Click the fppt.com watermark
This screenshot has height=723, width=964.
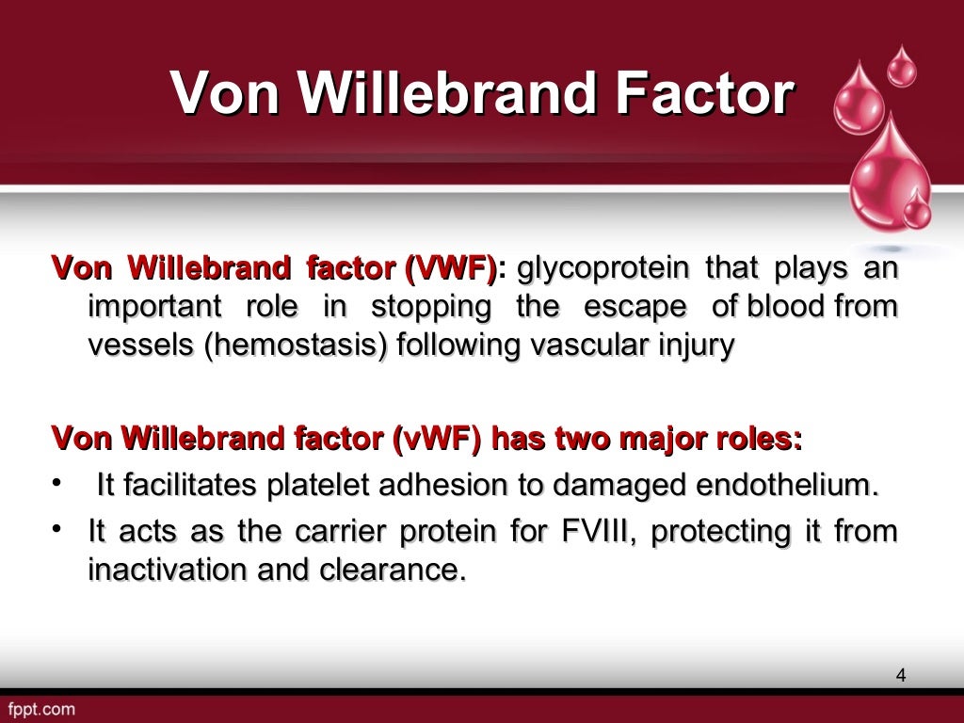[x=41, y=709]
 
